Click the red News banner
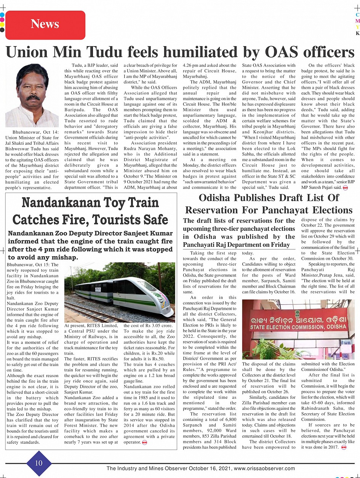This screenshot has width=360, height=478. point(45,24)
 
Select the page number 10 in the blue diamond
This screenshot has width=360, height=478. point(39,463)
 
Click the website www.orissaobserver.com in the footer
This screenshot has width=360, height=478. point(264,468)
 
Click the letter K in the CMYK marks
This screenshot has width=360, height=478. point(357,34)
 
